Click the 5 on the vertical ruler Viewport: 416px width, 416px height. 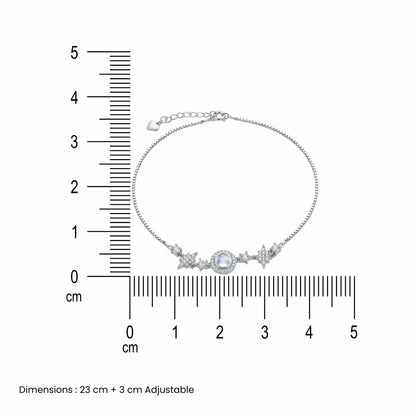coord(74,53)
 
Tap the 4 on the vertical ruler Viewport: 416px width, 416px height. coord(74,98)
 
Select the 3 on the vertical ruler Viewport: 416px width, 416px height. coord(74,142)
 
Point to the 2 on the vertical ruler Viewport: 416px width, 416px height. coord(74,187)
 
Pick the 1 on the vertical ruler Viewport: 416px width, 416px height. coord(75,232)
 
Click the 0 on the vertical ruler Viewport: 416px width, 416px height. coord(74,277)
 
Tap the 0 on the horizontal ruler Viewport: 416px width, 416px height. coord(130,332)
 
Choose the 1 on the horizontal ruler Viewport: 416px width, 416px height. coord(175,332)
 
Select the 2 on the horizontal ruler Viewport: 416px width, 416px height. coord(220,332)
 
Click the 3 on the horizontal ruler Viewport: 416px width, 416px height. coord(265,332)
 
